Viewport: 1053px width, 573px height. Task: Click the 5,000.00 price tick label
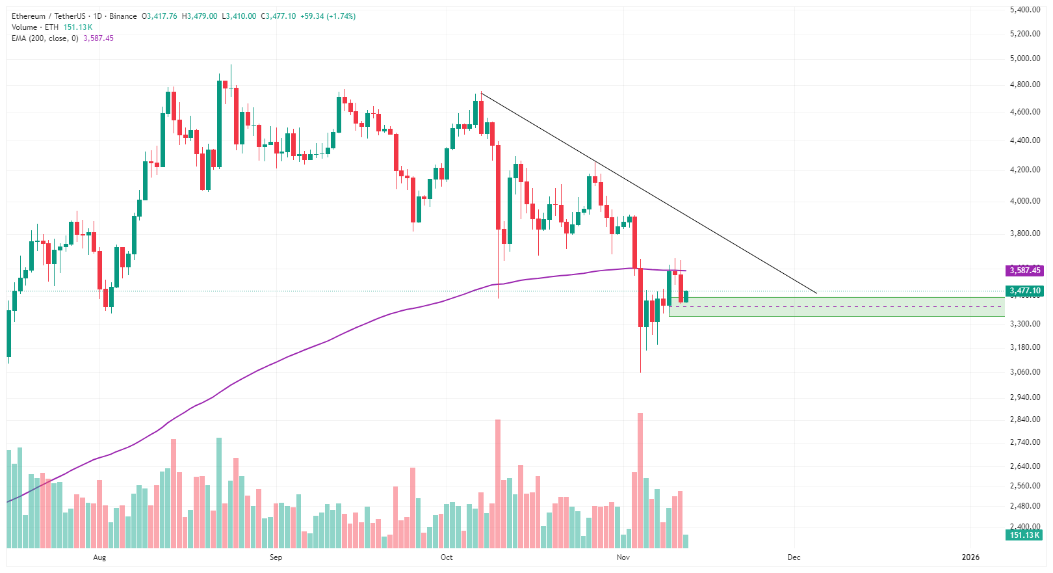tap(1024, 59)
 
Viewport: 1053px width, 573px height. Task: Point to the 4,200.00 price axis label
tap(1024, 170)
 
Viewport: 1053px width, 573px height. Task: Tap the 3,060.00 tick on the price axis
tap(1024, 372)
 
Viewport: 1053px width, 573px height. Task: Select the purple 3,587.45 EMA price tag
tap(1024, 271)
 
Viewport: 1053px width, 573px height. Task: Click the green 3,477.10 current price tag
tap(1024, 291)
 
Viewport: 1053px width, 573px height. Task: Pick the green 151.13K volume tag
tap(1024, 535)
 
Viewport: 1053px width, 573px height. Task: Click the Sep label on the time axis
tap(276, 557)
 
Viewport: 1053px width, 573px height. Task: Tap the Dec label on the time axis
tap(794, 557)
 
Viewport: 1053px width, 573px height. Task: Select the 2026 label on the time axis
tap(970, 557)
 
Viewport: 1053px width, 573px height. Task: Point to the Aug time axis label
tap(99, 557)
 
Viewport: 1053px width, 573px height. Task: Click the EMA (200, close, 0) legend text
tap(45, 38)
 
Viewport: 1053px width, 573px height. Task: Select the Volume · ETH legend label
tap(35, 27)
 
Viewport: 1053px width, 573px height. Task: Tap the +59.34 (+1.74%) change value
tap(328, 16)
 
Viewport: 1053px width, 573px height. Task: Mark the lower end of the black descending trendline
tap(816, 293)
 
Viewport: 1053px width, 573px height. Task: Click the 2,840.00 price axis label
tap(1024, 420)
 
